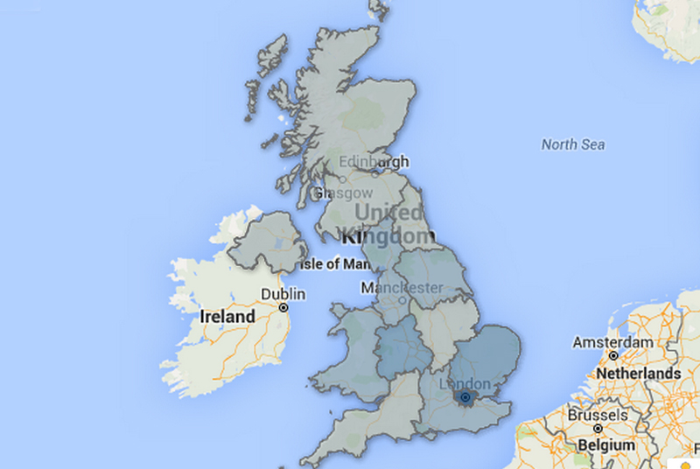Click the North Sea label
click(x=572, y=144)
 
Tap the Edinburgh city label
click(x=374, y=163)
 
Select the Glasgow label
click(x=343, y=192)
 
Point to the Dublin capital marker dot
click(x=283, y=309)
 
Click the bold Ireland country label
click(x=227, y=316)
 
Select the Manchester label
click(x=403, y=287)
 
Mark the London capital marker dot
click(x=465, y=399)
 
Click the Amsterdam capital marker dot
click(x=614, y=356)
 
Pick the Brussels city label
click(x=598, y=414)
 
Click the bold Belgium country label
click(x=606, y=444)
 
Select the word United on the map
click(x=388, y=213)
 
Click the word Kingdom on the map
click(x=386, y=236)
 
